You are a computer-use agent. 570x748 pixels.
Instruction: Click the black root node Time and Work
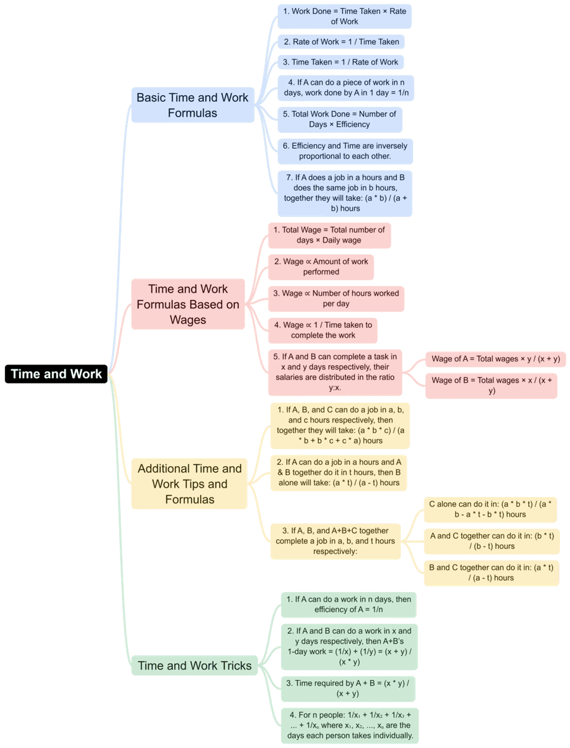tap(56, 374)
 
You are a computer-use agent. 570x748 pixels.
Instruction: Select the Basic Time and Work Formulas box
tap(193, 105)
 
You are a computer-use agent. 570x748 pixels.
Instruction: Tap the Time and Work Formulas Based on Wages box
tap(188, 305)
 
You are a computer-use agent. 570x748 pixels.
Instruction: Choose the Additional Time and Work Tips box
tap(189, 484)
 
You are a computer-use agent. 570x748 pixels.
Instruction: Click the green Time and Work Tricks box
tap(194, 666)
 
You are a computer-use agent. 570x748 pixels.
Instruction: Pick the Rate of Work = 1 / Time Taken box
tap(341, 42)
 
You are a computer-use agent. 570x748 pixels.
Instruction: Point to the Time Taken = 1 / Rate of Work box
tap(341, 62)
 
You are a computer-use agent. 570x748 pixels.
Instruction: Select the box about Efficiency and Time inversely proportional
tap(345, 151)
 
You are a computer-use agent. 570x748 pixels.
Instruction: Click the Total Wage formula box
tap(329, 235)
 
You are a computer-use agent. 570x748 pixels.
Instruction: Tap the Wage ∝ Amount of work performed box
tap(321, 267)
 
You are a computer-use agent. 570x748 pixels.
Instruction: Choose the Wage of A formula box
tap(496, 358)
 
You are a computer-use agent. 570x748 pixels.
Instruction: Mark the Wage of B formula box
tap(491, 386)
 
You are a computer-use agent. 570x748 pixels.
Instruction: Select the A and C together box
tap(491, 541)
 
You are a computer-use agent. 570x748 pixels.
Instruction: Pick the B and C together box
tap(491, 573)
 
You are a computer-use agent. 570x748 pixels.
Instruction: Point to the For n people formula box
tap(350, 726)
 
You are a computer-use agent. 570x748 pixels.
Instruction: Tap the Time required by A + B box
tap(348, 688)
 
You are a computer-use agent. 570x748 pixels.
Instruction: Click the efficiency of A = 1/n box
tap(349, 604)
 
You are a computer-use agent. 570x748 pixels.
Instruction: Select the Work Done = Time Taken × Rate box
tap(345, 16)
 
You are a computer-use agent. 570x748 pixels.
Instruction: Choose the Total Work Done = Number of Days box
tap(339, 119)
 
